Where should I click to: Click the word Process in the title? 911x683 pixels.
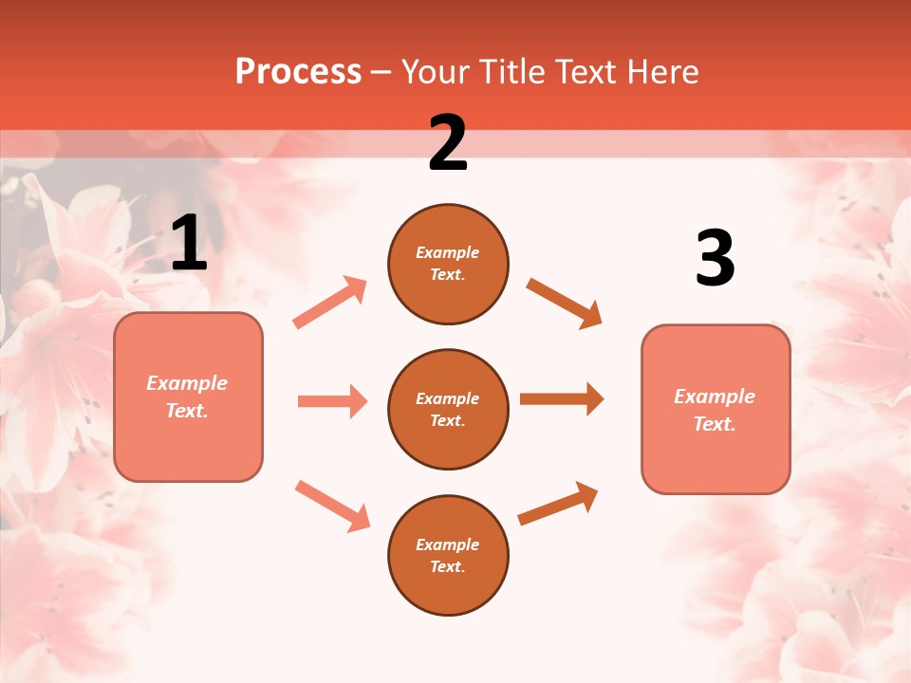coord(298,72)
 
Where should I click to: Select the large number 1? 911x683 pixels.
coord(189,244)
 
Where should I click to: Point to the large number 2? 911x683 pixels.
coord(448,143)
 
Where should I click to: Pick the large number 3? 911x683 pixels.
coord(715,258)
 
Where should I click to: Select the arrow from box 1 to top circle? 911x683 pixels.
coord(330,303)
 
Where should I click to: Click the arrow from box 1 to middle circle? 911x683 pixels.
coord(332,401)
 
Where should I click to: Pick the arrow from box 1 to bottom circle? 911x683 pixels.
coord(332,505)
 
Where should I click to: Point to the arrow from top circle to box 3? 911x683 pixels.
coord(565,304)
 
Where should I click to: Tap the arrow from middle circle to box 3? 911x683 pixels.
coord(562,398)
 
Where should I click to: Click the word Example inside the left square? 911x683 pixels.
coord(187,383)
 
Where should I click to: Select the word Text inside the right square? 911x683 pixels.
coord(714,424)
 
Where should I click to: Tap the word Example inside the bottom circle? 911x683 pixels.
coord(448,545)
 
